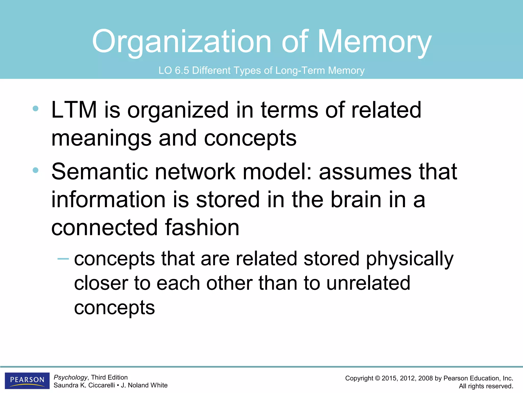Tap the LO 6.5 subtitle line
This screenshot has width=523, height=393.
(261, 70)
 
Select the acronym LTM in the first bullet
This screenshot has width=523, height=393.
(74, 110)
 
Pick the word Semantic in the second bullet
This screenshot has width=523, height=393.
(100, 172)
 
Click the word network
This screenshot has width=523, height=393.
(195, 172)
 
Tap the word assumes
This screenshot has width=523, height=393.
(365, 172)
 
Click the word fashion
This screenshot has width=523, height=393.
(202, 227)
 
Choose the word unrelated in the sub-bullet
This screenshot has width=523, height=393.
(368, 283)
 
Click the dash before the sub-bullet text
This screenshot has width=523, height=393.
(63, 259)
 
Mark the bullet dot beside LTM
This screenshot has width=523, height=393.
(35, 108)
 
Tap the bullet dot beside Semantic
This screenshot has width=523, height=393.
(35, 170)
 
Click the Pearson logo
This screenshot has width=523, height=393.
(27, 380)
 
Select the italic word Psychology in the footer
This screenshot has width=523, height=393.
(70, 377)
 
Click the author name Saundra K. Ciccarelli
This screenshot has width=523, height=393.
(84, 385)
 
